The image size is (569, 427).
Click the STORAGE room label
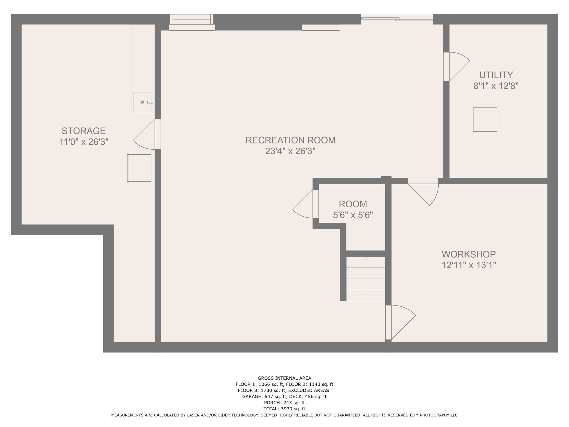point(83,131)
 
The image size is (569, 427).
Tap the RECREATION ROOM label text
point(290,140)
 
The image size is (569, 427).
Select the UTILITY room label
point(496,75)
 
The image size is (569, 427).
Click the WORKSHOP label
point(469,254)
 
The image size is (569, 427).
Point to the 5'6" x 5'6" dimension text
point(353,215)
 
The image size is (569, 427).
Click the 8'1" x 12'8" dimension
point(496,86)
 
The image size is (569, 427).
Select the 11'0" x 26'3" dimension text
point(83,142)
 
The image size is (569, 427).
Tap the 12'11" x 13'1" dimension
point(469,265)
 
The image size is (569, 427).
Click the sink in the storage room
point(142,102)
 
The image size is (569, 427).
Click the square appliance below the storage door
point(139,168)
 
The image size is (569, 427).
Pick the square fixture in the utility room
point(485,119)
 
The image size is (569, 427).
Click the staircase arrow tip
point(366,259)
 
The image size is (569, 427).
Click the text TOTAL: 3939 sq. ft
point(284,409)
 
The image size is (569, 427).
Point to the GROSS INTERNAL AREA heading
point(284,378)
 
